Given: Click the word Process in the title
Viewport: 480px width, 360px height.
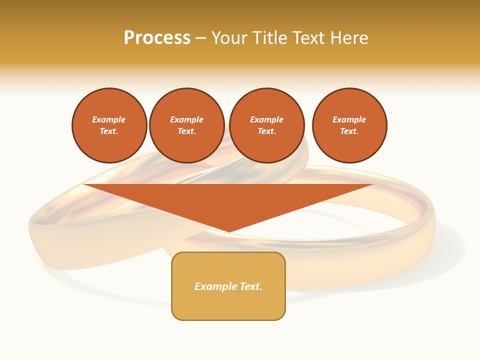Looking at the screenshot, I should click(157, 38).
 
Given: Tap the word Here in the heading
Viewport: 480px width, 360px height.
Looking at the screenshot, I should click(349, 38).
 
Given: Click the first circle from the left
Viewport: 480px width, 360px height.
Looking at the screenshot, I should click(109, 125).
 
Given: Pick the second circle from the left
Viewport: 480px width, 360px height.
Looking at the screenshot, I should click(186, 125).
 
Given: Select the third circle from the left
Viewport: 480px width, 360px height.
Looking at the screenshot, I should click(266, 125).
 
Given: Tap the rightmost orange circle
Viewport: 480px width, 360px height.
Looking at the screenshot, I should click(349, 125).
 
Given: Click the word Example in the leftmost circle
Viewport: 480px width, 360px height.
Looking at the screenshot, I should click(109, 119).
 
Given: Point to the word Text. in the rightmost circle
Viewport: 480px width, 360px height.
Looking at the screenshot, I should click(349, 131).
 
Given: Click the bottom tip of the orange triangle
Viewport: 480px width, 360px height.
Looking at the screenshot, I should click(229, 231).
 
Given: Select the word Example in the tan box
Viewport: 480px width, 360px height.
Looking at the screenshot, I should click(214, 286).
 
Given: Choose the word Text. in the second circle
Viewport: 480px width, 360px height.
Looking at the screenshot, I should click(186, 131).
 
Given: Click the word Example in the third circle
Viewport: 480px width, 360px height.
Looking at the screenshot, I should click(266, 119).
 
